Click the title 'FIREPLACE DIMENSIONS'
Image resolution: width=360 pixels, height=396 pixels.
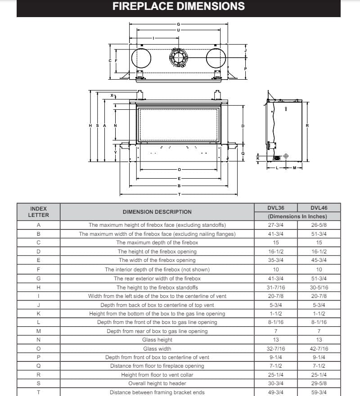coord(179,6)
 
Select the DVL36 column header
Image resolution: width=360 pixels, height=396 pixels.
coord(276,208)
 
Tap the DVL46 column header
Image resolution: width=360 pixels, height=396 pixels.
coord(319,208)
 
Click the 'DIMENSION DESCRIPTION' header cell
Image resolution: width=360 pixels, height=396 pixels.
coord(157,212)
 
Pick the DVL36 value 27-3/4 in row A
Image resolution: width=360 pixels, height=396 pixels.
coord(276,225)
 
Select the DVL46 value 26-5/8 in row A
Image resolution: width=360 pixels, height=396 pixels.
coord(319,225)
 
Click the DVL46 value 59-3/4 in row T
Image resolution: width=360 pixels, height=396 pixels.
coord(319,392)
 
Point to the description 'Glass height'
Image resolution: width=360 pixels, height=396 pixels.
coord(157,340)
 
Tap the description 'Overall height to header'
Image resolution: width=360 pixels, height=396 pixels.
coord(157,383)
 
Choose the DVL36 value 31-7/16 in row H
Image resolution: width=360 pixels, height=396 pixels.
coord(276,288)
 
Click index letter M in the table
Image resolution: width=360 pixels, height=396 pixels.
coord(38,331)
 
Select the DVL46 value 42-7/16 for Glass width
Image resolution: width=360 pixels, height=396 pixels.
coord(319,349)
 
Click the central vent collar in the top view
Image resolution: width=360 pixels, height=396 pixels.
coord(179,57)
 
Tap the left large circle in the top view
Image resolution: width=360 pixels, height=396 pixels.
coord(141,57)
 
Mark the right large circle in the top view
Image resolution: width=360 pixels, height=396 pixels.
coord(216,57)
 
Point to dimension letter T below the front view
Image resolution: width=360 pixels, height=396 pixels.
coord(179,194)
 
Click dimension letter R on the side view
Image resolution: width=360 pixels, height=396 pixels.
coord(307,126)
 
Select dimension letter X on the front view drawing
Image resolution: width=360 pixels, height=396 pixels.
coord(112,95)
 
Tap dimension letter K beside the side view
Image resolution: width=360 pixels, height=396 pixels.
coord(258,158)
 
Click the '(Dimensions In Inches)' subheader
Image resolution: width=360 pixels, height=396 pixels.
coord(297,216)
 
